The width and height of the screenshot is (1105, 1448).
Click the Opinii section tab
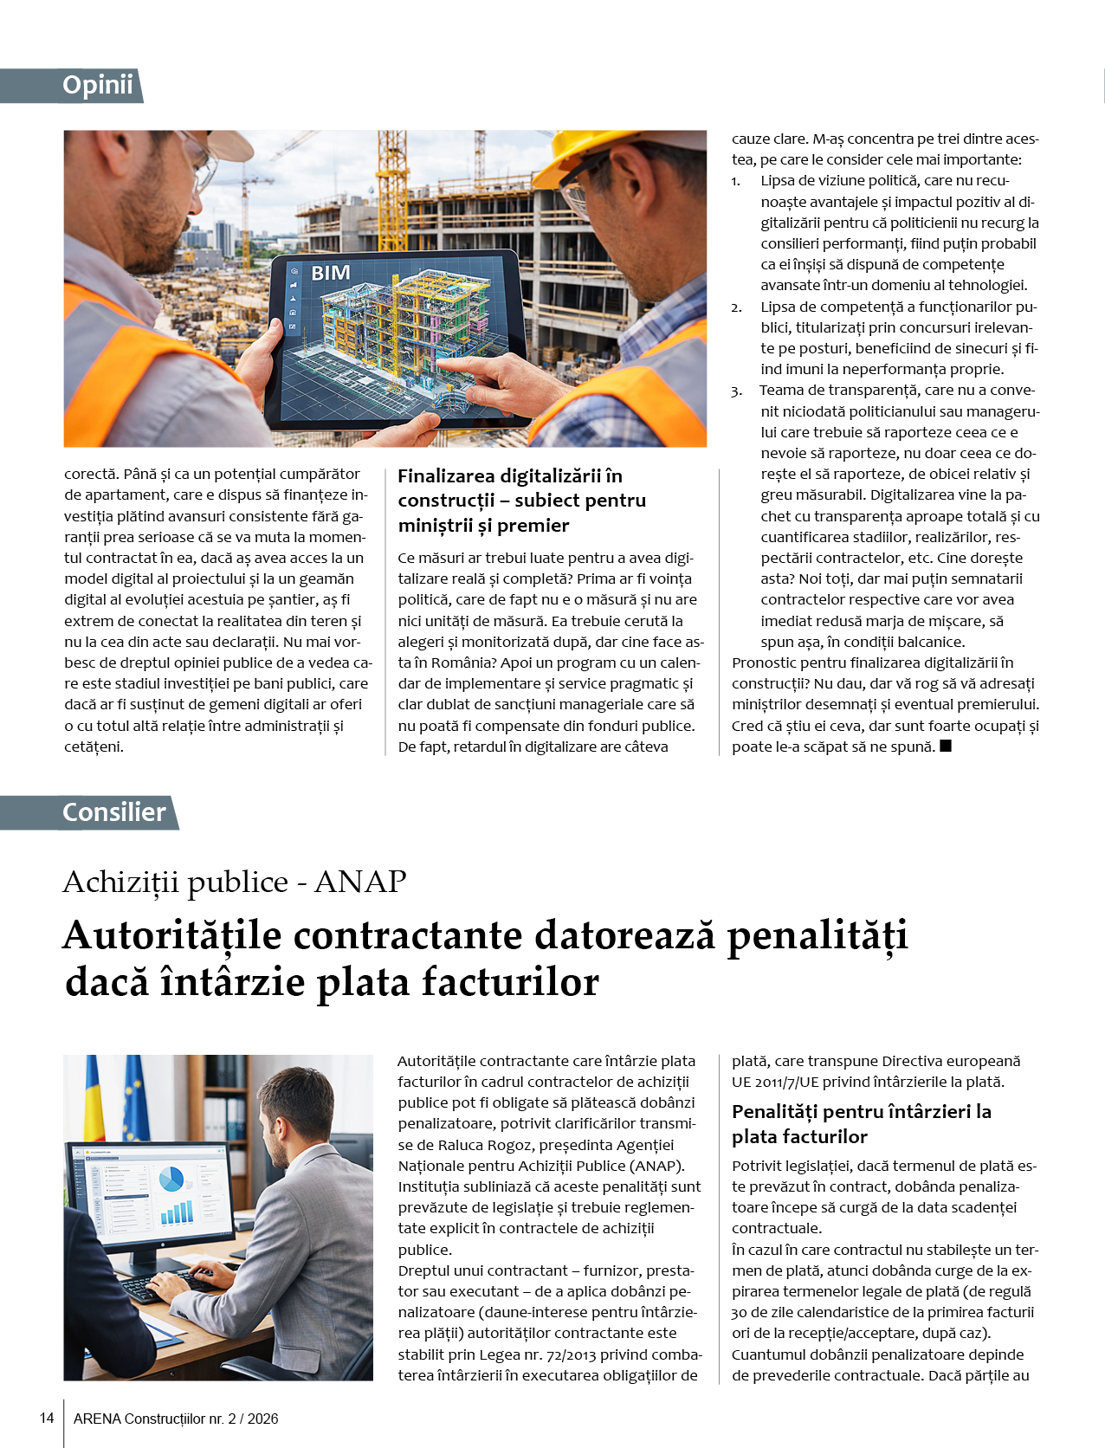click(x=97, y=86)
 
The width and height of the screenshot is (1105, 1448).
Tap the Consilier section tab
click(x=113, y=812)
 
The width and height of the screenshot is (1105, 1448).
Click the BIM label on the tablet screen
click(x=331, y=274)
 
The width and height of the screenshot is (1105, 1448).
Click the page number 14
click(x=47, y=1419)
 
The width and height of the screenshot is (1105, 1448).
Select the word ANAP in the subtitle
click(x=360, y=882)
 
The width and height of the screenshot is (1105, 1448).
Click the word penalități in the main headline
click(x=817, y=936)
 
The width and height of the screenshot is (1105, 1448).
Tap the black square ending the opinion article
click(x=946, y=746)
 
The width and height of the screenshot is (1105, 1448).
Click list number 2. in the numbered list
click(x=736, y=307)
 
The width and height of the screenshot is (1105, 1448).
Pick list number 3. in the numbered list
click(x=736, y=391)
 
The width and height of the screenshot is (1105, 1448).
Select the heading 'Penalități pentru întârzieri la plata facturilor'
click(x=861, y=1123)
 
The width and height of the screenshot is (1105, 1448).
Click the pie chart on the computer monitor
click(x=171, y=1179)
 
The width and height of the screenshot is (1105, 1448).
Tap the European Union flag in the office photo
click(x=134, y=1096)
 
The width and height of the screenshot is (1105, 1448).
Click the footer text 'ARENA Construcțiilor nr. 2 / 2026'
click(x=176, y=1419)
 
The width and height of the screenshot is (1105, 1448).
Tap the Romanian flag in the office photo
click(x=94, y=1096)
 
